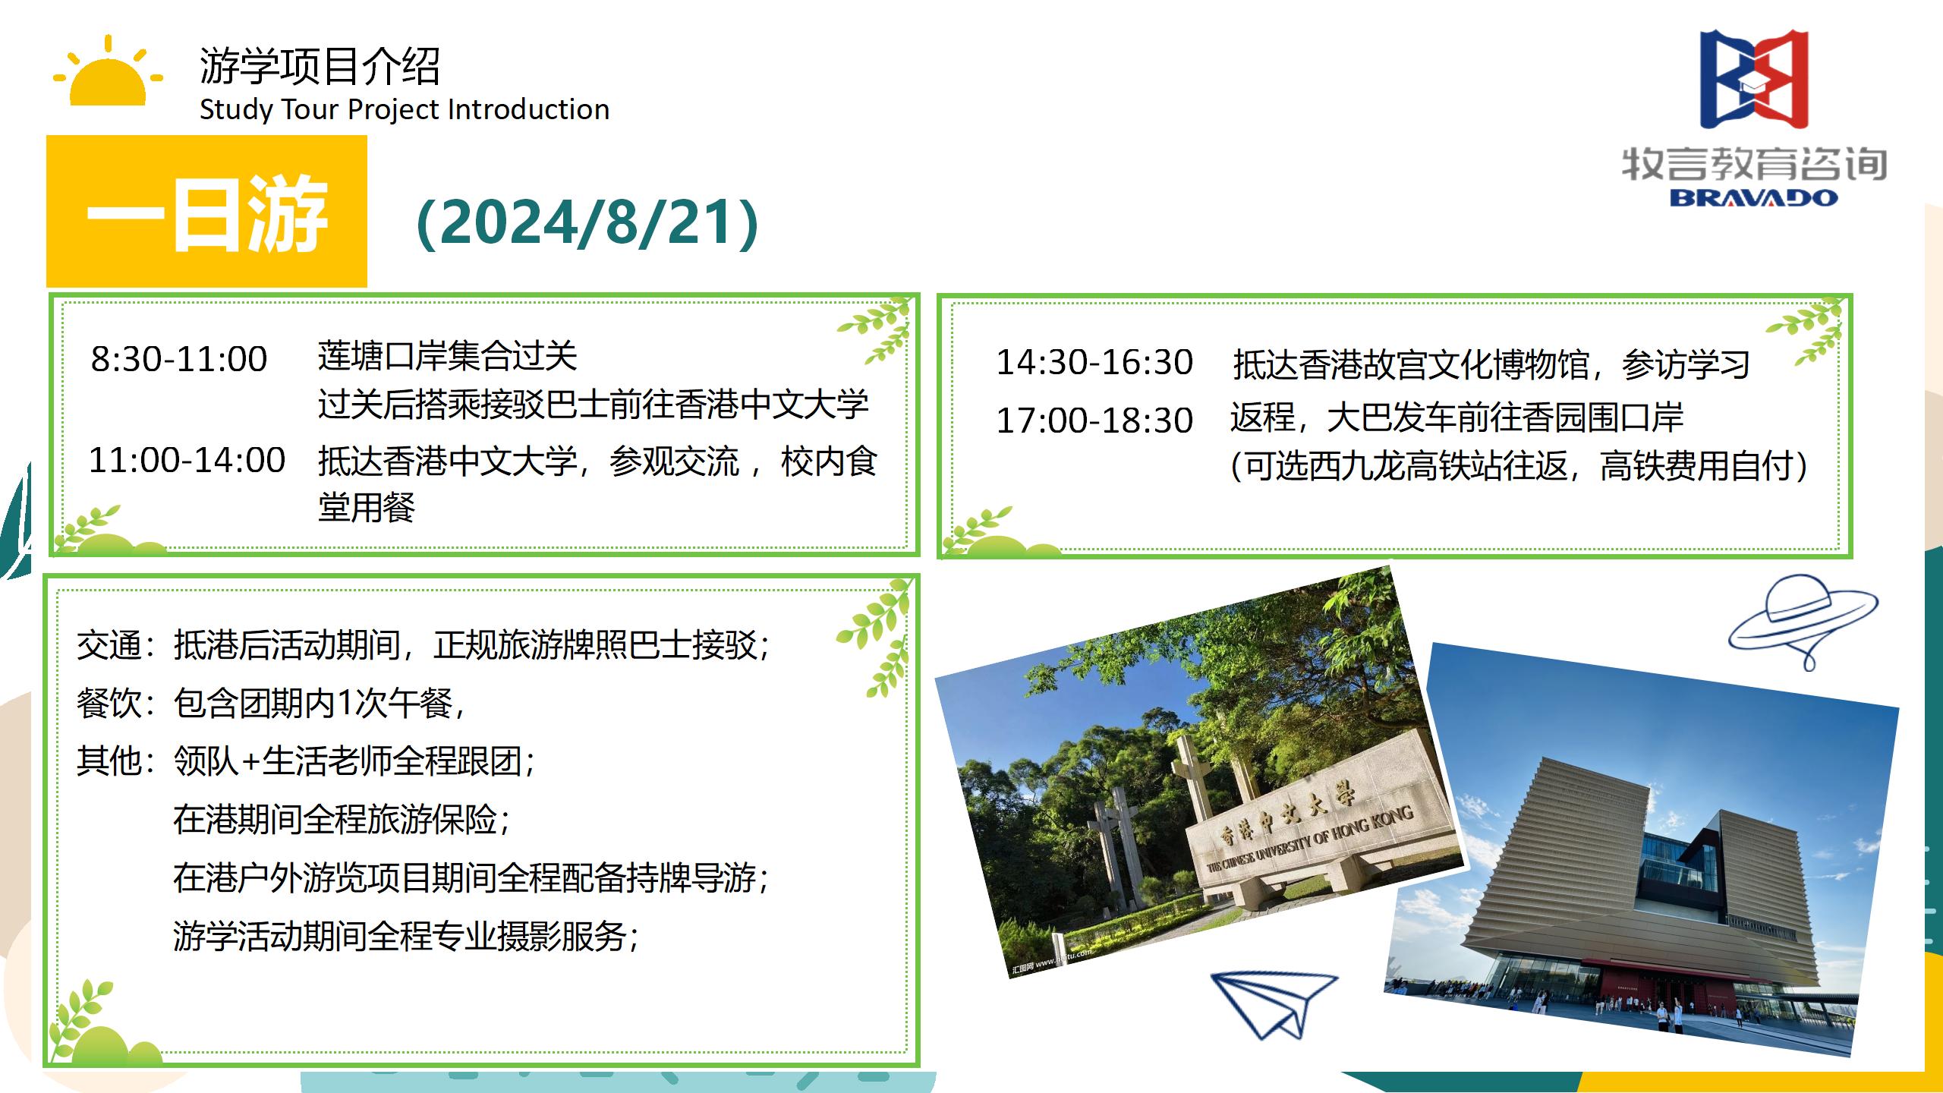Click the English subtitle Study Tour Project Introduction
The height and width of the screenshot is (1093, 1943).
click(x=405, y=110)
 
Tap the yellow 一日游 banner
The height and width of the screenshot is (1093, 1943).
click(x=206, y=211)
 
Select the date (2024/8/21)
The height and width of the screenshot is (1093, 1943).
click(x=587, y=222)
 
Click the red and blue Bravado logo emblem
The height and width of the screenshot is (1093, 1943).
click(x=1754, y=80)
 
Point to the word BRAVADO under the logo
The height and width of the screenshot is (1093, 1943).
click(x=1753, y=197)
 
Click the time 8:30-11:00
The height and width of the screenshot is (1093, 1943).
click(x=179, y=359)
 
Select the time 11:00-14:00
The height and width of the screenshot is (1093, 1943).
click(x=187, y=460)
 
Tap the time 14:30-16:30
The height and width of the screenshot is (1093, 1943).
click(x=1094, y=362)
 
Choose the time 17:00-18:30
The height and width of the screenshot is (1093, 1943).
click(x=1094, y=421)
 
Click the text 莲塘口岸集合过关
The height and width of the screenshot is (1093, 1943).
click(x=448, y=357)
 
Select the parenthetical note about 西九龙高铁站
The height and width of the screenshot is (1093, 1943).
click(x=1519, y=465)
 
